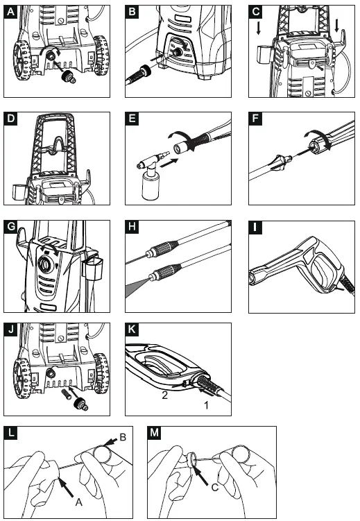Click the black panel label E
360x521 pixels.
(132, 119)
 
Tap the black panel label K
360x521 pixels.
(132, 330)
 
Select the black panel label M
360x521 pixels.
(155, 433)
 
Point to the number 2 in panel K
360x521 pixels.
(164, 395)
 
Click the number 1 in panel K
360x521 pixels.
(206, 405)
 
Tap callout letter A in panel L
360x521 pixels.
(78, 502)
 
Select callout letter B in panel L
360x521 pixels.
(123, 437)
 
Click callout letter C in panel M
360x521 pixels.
(215, 488)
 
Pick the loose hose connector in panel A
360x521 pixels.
(69, 77)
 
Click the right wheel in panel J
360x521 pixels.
(102, 373)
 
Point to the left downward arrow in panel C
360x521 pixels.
(259, 28)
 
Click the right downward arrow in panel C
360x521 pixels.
(336, 26)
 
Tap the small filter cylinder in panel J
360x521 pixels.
(65, 395)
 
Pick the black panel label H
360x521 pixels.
(132, 227)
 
